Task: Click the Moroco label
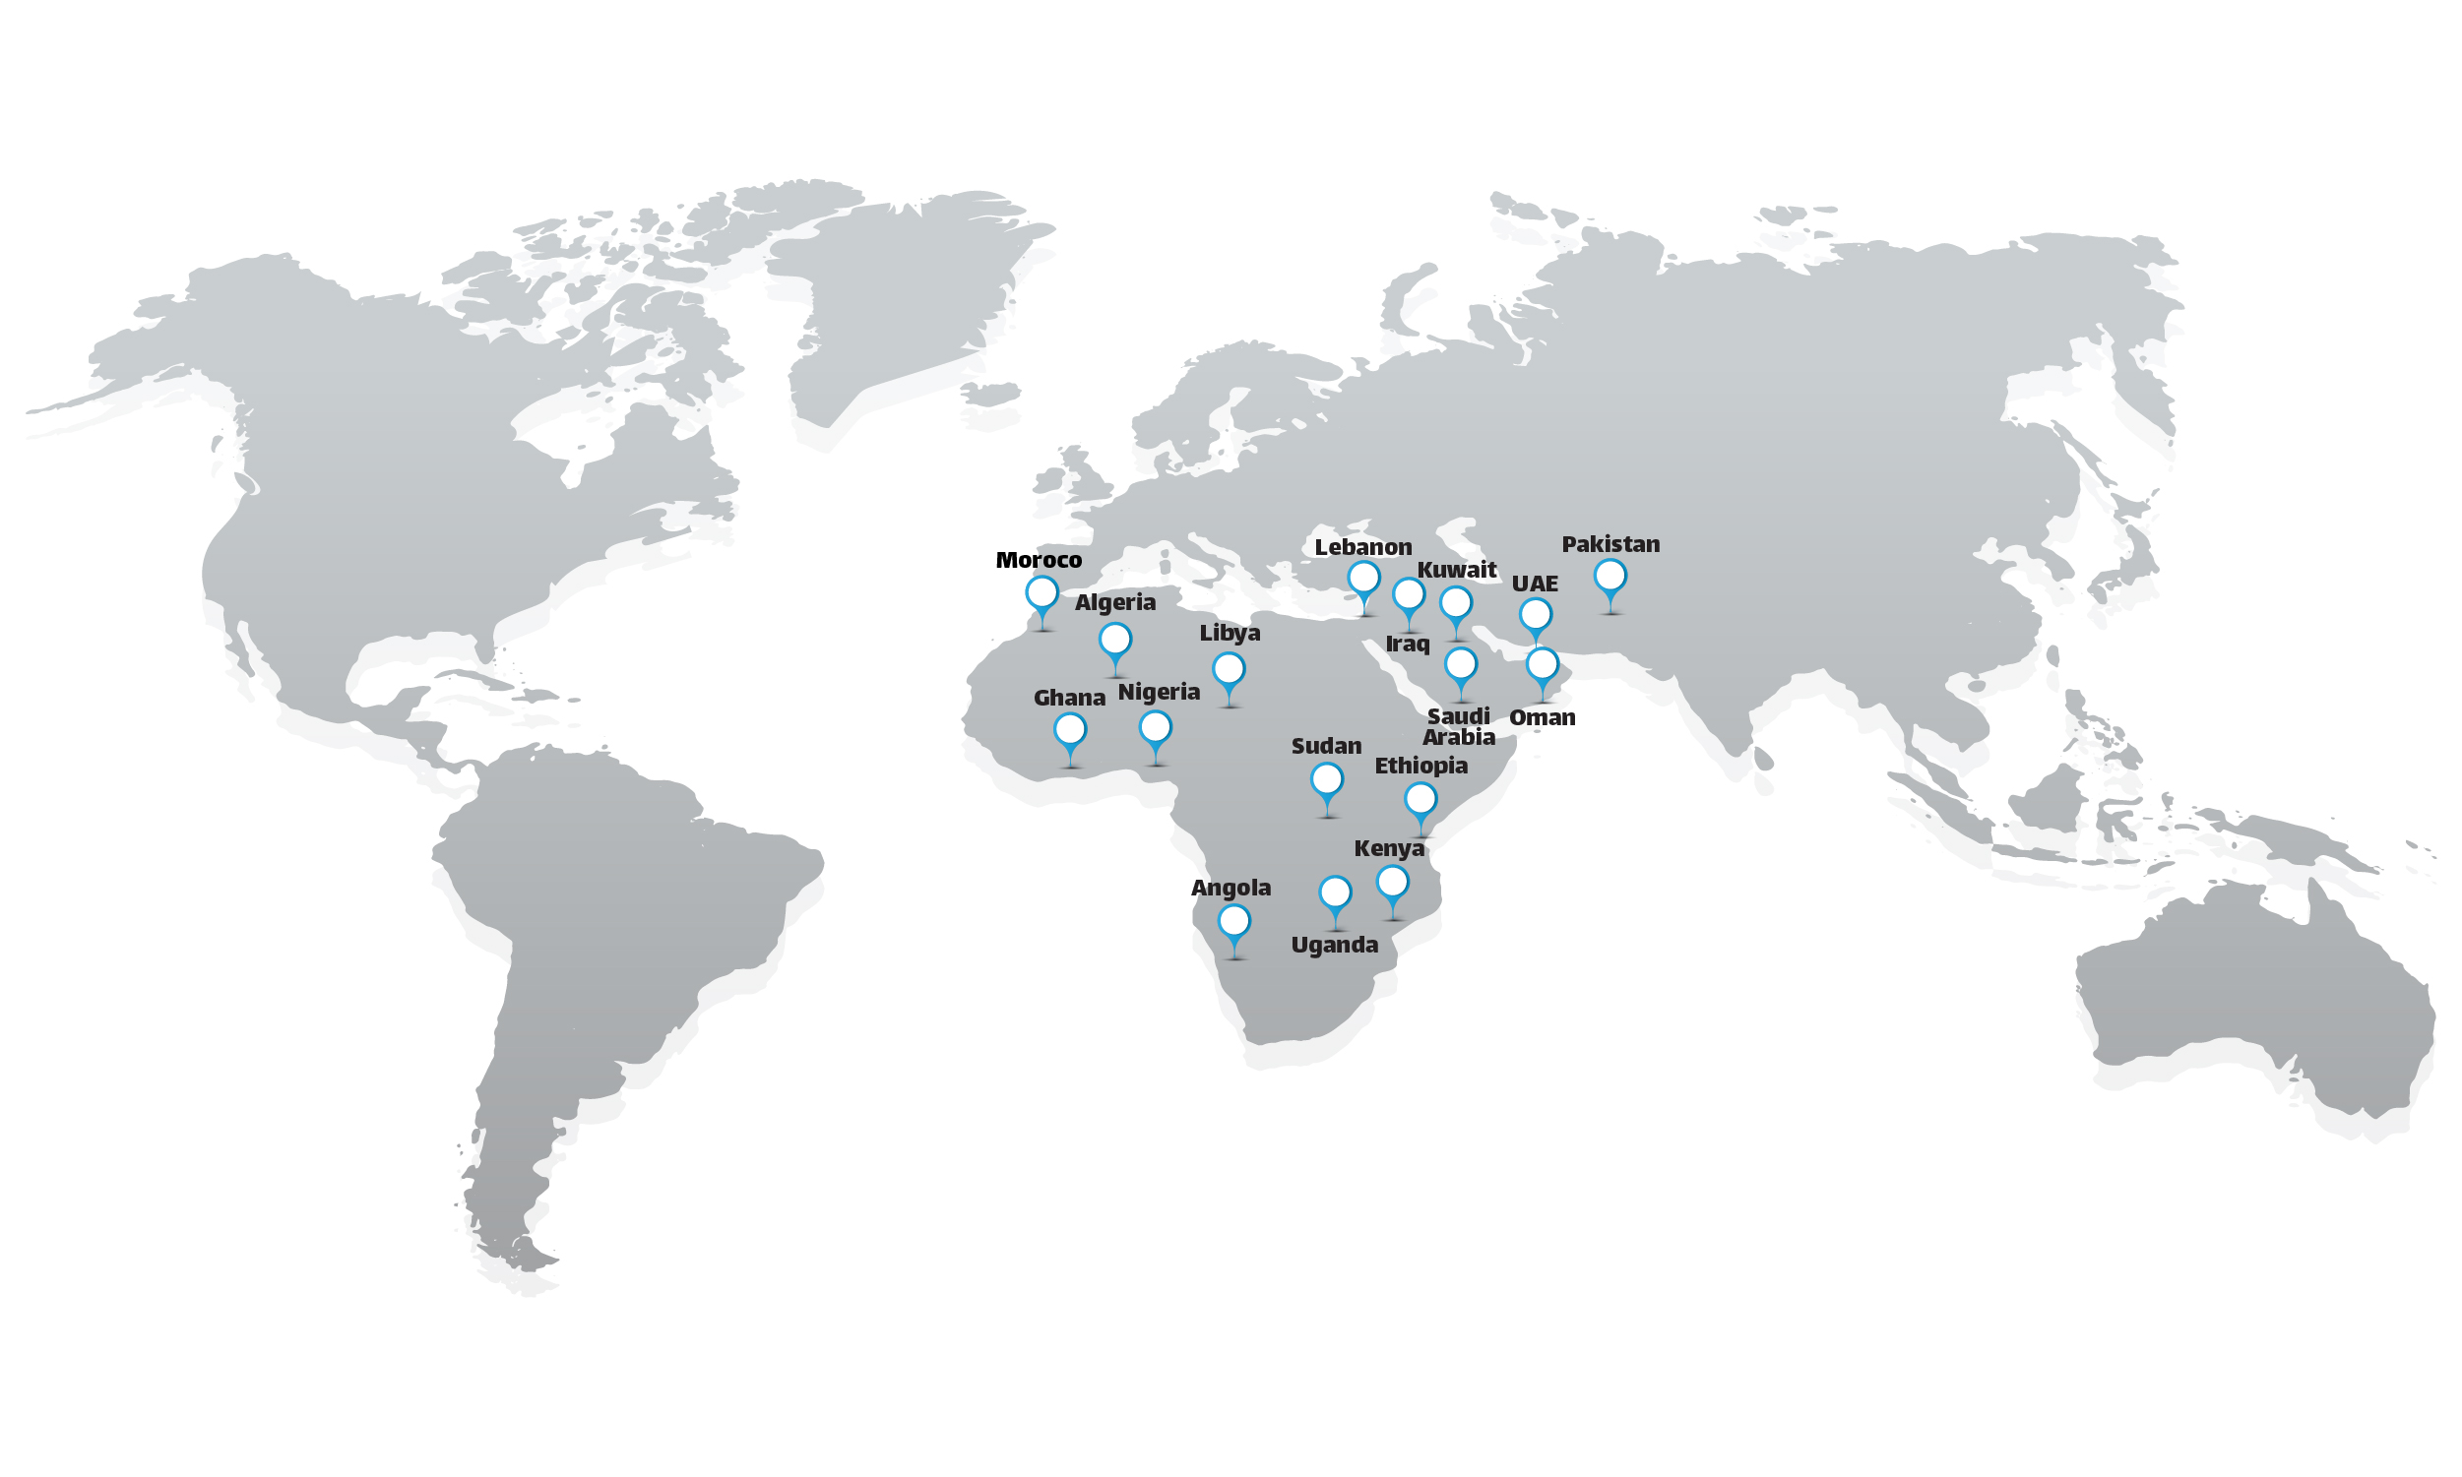pyautogui.click(x=1039, y=560)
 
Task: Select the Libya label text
pyautogui.click(x=1230, y=633)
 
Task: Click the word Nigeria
pyautogui.click(x=1159, y=692)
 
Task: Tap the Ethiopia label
pyautogui.click(x=1420, y=766)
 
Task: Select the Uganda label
pyautogui.click(x=1334, y=945)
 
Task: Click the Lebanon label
pyautogui.click(x=1363, y=547)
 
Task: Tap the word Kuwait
pyautogui.click(x=1457, y=571)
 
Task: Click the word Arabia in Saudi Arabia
pyautogui.click(x=1459, y=737)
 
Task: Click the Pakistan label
pyautogui.click(x=1610, y=544)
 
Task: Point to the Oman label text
pyautogui.click(x=1543, y=717)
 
